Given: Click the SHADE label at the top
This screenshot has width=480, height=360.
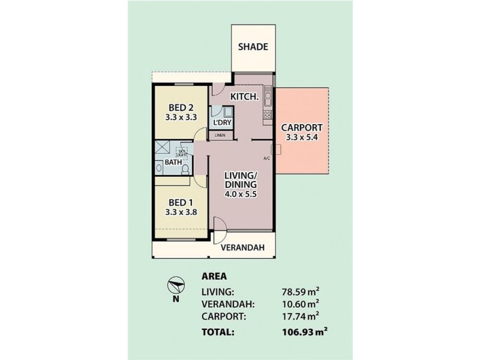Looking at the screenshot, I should [253, 47].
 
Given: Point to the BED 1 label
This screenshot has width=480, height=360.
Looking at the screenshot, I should [181, 202].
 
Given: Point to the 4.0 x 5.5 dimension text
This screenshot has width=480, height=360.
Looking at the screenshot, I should [240, 194].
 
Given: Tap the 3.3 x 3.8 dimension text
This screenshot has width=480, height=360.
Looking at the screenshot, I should [181, 212].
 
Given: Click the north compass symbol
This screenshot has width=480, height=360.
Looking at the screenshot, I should [175, 286].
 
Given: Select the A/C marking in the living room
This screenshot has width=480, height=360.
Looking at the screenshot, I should [268, 158].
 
